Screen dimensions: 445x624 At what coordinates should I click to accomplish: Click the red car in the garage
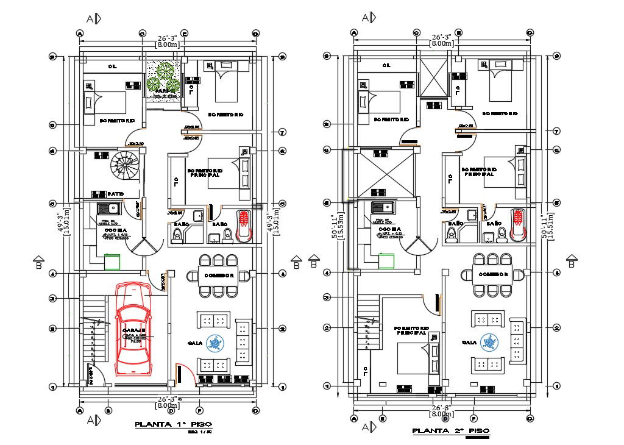click(133, 331)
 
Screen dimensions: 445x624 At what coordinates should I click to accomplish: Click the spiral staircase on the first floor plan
click(124, 166)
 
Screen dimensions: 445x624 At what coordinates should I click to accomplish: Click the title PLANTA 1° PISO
click(174, 424)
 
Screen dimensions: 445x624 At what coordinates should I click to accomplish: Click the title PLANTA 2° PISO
click(450, 431)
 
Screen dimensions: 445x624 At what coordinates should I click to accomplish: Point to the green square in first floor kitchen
click(112, 262)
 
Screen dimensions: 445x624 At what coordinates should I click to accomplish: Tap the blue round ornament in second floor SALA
click(489, 343)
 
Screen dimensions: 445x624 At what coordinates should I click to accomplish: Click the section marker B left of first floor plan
click(38, 262)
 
